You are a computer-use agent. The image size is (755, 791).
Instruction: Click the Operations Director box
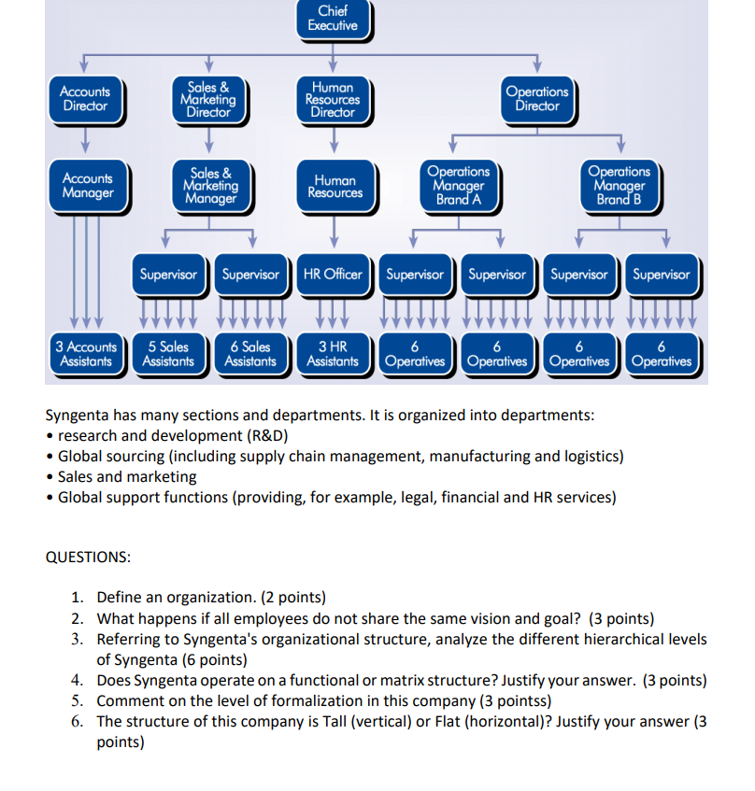pos(537,98)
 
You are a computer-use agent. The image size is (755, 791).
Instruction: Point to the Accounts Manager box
pos(88,185)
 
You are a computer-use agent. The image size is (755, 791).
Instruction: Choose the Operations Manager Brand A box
pos(458,185)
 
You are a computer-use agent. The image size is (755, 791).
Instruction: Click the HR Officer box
pos(333,275)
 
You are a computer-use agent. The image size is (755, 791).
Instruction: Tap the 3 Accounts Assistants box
pos(86,354)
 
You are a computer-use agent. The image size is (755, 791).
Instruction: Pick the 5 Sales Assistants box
pos(168,354)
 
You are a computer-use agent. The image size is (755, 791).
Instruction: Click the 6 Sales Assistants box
pos(250,354)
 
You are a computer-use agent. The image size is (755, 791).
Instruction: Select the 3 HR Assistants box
pos(333,354)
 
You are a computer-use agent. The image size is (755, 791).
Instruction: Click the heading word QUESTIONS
pos(89,557)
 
